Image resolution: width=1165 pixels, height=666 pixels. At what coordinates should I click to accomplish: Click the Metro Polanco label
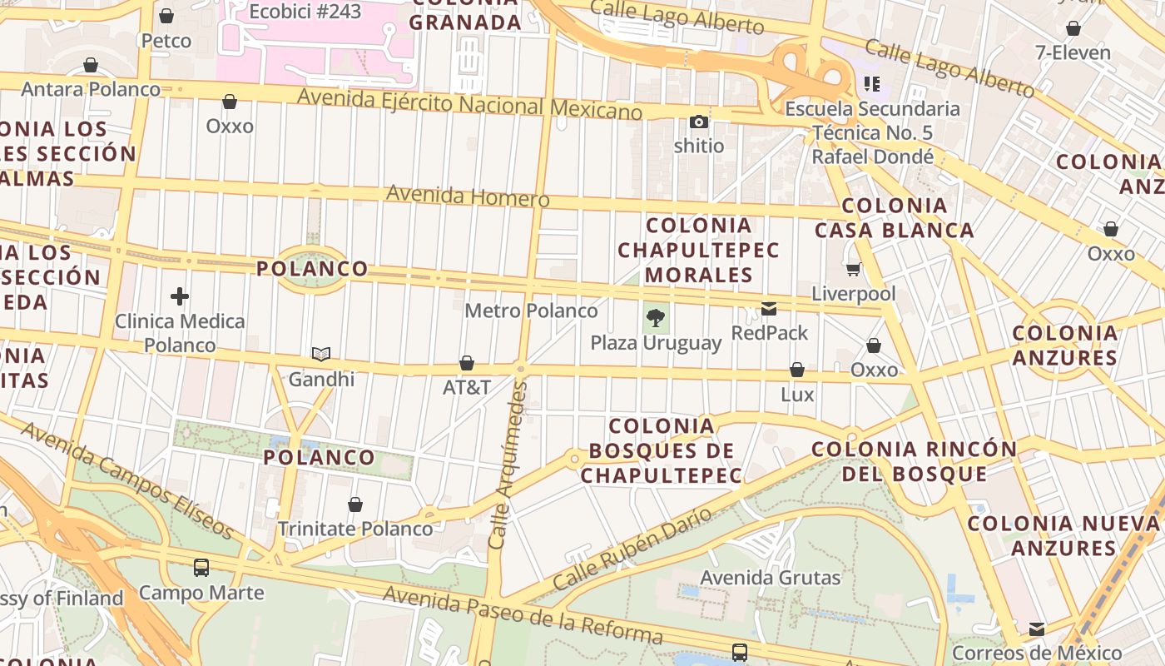(x=531, y=311)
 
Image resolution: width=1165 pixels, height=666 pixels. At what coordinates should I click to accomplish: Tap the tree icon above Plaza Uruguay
(x=656, y=317)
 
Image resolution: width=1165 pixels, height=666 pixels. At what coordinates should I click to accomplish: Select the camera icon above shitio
(x=699, y=122)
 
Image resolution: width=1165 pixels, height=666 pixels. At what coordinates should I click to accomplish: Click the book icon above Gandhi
(x=321, y=355)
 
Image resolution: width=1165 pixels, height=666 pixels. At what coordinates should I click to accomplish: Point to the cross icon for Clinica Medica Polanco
(x=180, y=296)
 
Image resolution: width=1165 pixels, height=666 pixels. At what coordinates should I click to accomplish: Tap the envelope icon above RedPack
(x=769, y=310)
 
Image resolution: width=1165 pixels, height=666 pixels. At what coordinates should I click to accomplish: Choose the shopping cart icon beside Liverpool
(x=853, y=269)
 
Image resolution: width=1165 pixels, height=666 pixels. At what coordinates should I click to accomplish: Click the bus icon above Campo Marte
(x=201, y=568)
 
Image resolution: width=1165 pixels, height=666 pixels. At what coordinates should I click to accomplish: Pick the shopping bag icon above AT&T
(x=467, y=363)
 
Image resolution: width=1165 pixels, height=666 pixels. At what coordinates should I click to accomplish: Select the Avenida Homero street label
(x=468, y=196)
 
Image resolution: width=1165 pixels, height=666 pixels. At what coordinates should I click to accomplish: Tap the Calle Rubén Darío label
(x=632, y=548)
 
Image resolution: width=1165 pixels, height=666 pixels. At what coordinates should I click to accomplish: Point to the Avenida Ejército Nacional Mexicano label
(x=469, y=104)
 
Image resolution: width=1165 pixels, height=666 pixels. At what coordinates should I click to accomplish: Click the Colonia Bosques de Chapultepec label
(x=662, y=450)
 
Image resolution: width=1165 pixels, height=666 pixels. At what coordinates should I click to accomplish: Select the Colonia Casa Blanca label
(x=894, y=218)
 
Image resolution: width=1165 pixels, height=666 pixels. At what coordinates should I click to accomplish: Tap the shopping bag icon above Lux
(x=797, y=370)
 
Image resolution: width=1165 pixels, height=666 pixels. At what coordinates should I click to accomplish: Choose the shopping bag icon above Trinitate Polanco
(x=355, y=504)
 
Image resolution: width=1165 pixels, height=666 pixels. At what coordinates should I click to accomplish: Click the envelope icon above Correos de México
(x=1037, y=629)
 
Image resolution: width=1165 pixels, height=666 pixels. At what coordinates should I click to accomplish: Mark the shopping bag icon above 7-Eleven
(x=1073, y=29)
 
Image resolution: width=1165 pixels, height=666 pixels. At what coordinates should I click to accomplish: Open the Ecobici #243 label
(x=305, y=11)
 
